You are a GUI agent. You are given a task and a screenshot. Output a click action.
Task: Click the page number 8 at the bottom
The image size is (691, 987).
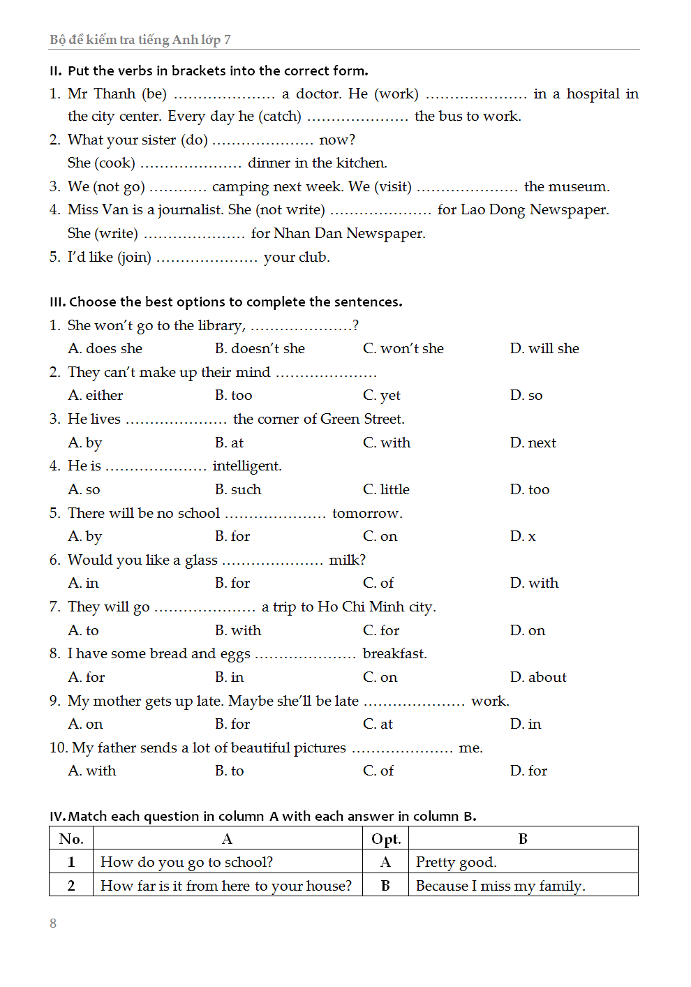pyautogui.click(x=53, y=923)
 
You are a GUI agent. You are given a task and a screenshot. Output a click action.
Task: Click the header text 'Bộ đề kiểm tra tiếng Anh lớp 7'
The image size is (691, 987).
pyautogui.click(x=140, y=40)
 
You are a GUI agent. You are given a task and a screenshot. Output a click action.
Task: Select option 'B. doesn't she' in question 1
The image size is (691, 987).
pyautogui.click(x=260, y=348)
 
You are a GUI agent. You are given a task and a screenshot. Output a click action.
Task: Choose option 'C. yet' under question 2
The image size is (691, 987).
pyautogui.click(x=381, y=395)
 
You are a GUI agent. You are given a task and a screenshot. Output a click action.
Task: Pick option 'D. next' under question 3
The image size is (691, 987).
pyautogui.click(x=533, y=443)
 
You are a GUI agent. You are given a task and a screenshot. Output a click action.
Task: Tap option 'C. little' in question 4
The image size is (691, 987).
pyautogui.click(x=386, y=489)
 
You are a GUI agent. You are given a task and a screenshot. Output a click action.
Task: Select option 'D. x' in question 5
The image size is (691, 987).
pyautogui.click(x=523, y=536)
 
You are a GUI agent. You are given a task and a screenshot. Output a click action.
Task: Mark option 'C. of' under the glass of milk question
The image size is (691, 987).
pyautogui.click(x=378, y=583)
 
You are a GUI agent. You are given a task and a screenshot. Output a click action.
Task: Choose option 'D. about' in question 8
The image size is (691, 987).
pyautogui.click(x=538, y=677)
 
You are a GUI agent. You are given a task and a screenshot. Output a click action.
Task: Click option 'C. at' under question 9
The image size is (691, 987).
pyautogui.click(x=378, y=724)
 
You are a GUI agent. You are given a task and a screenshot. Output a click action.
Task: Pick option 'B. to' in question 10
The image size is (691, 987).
pyautogui.click(x=230, y=771)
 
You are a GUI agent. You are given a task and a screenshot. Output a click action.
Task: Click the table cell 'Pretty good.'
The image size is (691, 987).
pyautogui.click(x=456, y=862)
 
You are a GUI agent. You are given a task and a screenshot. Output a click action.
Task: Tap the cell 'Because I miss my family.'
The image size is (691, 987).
pyautogui.click(x=500, y=886)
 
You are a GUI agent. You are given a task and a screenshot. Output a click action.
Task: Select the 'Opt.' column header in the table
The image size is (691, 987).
pyautogui.click(x=386, y=838)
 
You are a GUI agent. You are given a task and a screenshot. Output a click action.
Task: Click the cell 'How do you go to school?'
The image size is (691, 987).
pyautogui.click(x=186, y=862)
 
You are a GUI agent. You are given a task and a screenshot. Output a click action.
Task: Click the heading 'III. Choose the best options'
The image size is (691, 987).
pyautogui.click(x=225, y=302)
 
